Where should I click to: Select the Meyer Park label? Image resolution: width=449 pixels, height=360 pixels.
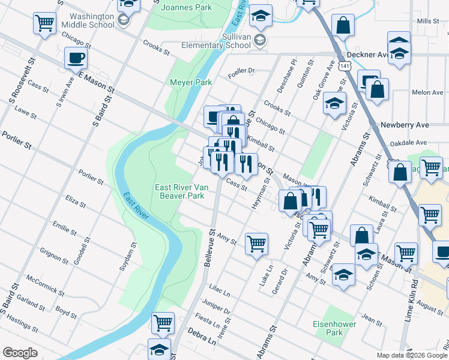(x=190, y=82)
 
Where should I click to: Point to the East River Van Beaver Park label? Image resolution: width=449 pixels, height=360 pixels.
(x=181, y=191)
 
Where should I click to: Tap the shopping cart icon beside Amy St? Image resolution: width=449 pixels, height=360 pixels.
(x=256, y=244)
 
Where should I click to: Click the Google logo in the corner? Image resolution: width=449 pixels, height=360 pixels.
(x=20, y=353)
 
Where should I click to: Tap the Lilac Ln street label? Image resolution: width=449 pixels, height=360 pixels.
(x=219, y=291)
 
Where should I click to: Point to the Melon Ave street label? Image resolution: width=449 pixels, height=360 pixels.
(x=427, y=93)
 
